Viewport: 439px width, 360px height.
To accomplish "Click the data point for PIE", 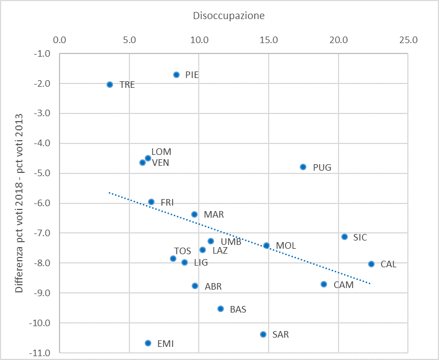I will click(x=176, y=75).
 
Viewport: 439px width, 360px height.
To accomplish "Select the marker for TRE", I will click(x=110, y=85).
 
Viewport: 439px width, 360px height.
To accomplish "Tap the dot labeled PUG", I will click(x=303, y=167).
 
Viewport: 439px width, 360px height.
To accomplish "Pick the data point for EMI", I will click(x=148, y=343).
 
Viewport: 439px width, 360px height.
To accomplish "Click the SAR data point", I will click(x=263, y=334).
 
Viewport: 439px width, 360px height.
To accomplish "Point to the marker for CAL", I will click(x=371, y=264).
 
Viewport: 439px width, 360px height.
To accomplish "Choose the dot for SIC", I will click(x=345, y=237).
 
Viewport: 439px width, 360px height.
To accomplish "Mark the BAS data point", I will click(x=221, y=309).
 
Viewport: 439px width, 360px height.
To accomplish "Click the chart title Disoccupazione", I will click(x=229, y=16).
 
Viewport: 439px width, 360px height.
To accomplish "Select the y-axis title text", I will click(x=19, y=203).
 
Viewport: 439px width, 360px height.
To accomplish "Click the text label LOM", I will click(x=161, y=152).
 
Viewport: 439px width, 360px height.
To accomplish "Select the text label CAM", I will click(x=343, y=285).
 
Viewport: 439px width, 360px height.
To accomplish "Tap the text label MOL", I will click(x=286, y=246).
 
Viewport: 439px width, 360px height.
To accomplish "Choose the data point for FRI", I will click(x=151, y=202).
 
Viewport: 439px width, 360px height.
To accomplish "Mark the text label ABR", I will click(x=213, y=286).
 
